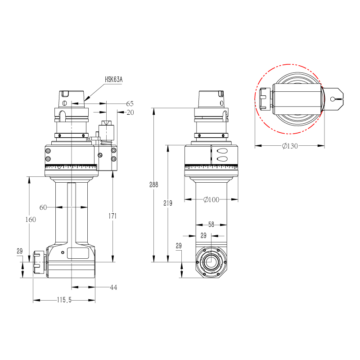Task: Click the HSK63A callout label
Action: (114, 80)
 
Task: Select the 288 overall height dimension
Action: (153, 184)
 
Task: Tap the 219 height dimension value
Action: (168, 203)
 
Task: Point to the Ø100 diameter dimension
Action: (211, 199)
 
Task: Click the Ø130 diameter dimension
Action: (290, 146)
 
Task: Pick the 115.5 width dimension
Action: (64, 300)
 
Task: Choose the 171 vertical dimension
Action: (112, 216)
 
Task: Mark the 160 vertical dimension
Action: (31, 220)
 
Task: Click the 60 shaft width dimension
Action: (43, 207)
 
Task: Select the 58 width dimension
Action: (211, 224)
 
